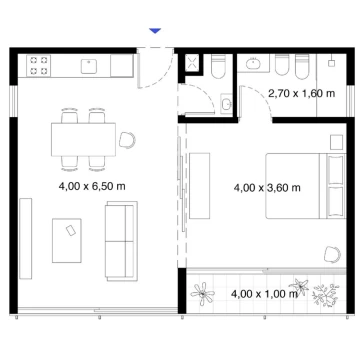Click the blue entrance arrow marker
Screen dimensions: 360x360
click(155, 31)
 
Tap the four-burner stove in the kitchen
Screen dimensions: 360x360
click(38, 66)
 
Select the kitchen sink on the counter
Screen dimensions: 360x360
click(89, 66)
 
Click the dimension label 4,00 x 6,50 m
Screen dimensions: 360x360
click(92, 186)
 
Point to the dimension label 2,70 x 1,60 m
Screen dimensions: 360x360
click(302, 94)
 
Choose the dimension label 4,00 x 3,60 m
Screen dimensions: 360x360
click(267, 188)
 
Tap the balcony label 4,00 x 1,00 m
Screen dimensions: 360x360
click(264, 294)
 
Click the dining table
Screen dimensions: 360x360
click(83, 139)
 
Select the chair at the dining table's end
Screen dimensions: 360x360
click(127, 140)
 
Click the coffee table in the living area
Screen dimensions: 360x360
click(67, 240)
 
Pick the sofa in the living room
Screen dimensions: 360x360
click(121, 241)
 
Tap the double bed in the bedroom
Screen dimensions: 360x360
click(306, 186)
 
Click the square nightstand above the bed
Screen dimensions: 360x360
click(336, 142)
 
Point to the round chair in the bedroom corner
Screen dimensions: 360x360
click(332, 255)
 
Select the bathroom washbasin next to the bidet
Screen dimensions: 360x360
click(254, 63)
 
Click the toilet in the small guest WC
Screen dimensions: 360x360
click(218, 67)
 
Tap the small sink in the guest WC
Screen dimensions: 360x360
click(227, 104)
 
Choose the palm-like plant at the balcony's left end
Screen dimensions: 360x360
click(202, 294)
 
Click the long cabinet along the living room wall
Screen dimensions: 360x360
click(26, 239)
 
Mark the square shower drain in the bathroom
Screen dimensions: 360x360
click(331, 63)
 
